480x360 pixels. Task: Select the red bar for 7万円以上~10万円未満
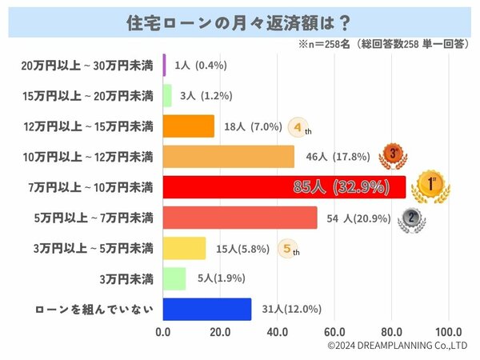pos(283,187)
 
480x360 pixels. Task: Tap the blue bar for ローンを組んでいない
pos(207,309)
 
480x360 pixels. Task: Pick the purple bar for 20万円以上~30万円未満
pos(164,65)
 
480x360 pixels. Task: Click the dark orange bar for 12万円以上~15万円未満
pos(189,126)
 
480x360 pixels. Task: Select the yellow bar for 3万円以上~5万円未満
pos(184,248)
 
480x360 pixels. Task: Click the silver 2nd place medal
pos(410,218)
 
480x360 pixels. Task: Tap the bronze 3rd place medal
pos(393,155)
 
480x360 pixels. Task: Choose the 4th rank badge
pos(298,126)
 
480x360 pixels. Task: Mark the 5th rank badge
pos(290,249)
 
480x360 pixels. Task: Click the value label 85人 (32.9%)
pos(341,187)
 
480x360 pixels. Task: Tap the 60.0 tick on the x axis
pos(334,331)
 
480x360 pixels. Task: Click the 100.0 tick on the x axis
pos(448,331)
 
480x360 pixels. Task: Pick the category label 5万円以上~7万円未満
pos(87,218)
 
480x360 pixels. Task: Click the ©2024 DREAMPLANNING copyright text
pos(398,346)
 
